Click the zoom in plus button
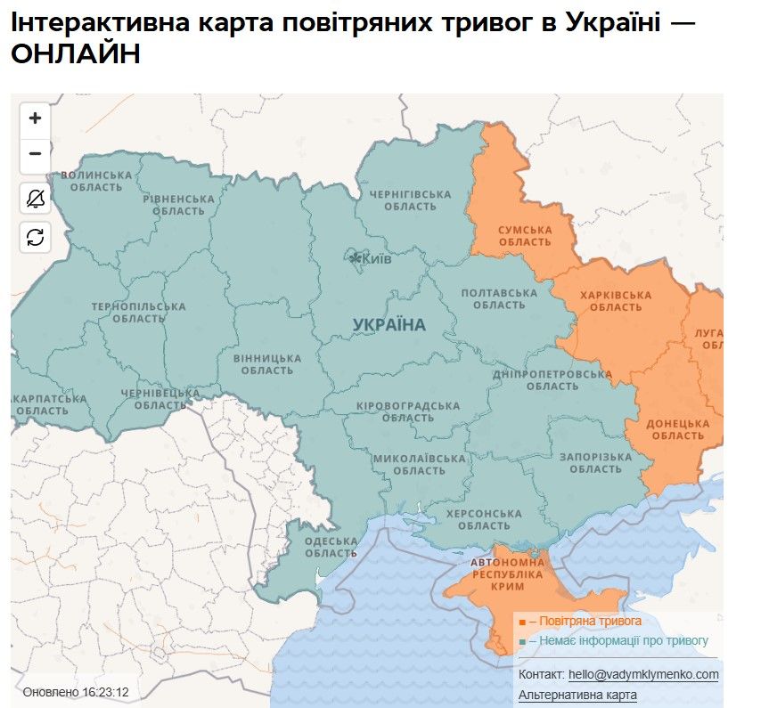pyautogui.click(x=35, y=118)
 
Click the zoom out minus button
pyautogui.click(x=35, y=153)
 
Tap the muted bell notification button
pyautogui.click(x=35, y=199)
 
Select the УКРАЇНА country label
pyautogui.click(x=389, y=325)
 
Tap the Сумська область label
pyautogui.click(x=525, y=235)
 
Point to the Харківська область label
pyautogui.click(x=616, y=301)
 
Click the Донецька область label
pyautogui.click(x=677, y=429)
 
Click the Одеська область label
pyautogui.click(x=331, y=547)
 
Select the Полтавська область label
pyautogui.click(x=499, y=298)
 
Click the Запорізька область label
pyautogui.click(x=595, y=463)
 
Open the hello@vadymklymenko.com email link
pyautogui.click(x=642, y=675)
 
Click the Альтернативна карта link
pyautogui.click(x=577, y=695)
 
